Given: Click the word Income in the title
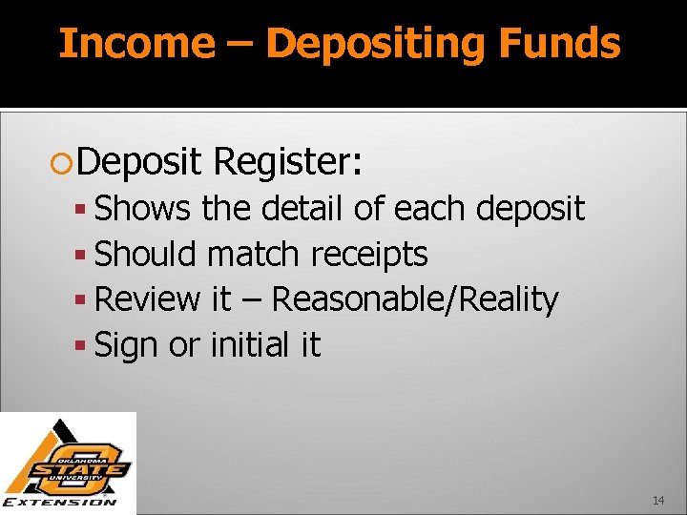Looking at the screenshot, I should tap(136, 44).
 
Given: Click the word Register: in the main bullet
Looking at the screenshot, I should tap(289, 162).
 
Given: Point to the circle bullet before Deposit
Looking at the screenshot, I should tap(66, 164).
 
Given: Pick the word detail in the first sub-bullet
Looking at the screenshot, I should tap(302, 208).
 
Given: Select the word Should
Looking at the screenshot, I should tap(146, 254).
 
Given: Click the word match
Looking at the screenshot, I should tap(254, 254).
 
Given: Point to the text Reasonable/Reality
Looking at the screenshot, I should tap(415, 299).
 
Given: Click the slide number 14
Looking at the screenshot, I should tap(658, 500).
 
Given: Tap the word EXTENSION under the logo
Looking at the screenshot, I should tap(60, 502).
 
